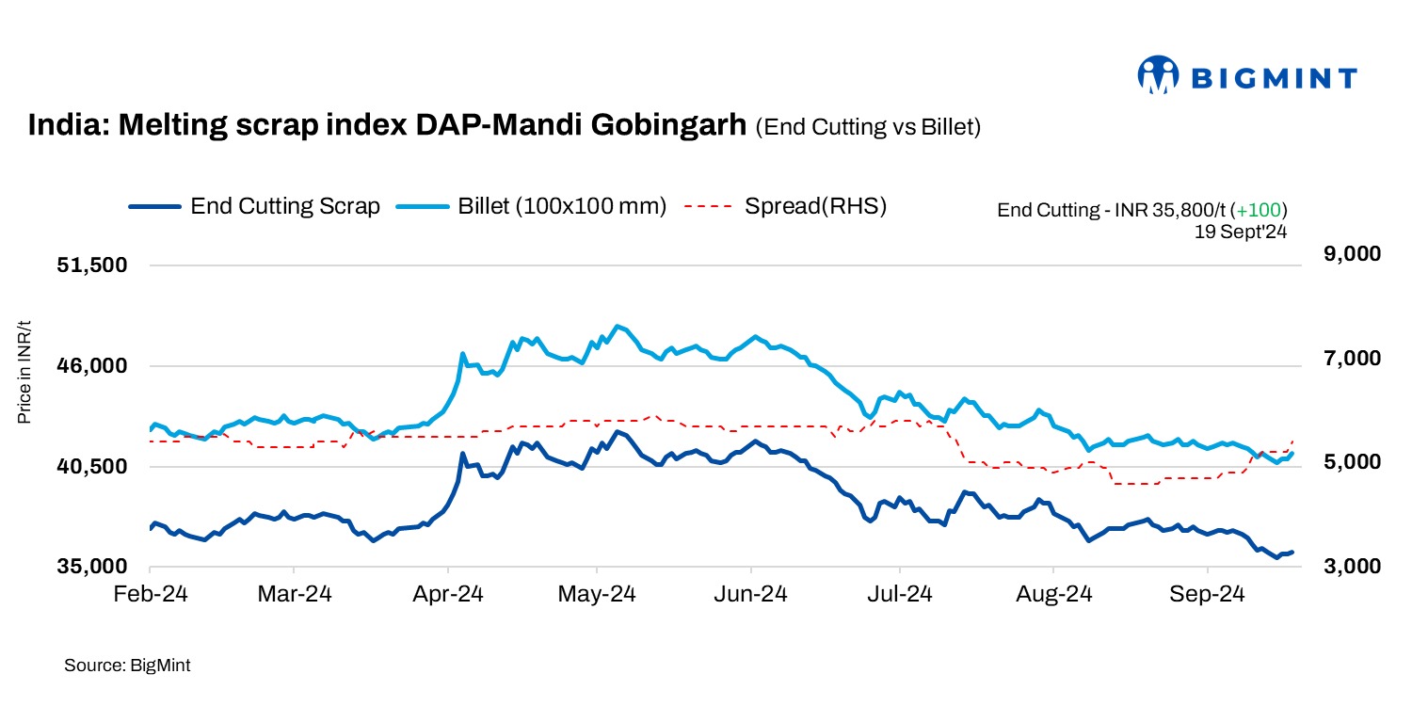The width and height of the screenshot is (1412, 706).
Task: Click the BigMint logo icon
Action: [1159, 75]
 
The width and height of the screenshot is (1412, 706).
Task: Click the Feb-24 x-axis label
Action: [151, 595]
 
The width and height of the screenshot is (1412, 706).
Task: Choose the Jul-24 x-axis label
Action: [902, 595]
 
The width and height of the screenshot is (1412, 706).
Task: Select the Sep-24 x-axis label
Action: [1209, 595]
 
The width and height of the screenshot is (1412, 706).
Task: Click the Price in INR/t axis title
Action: [25, 371]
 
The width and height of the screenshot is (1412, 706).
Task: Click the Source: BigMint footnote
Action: [127, 666]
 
